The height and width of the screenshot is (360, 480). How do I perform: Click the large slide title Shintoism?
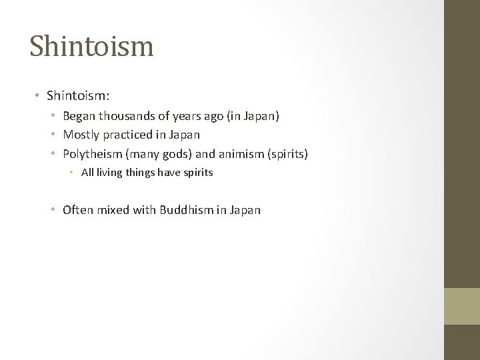click(91, 47)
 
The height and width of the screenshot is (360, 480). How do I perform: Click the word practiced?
click(128, 135)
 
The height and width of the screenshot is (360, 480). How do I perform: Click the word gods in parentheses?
click(177, 154)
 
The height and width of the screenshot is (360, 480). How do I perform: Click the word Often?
click(78, 210)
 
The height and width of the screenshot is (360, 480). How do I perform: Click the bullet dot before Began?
click(53, 117)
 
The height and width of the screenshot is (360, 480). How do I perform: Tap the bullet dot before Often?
click(53, 210)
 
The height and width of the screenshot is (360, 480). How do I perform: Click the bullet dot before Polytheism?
click(53, 154)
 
